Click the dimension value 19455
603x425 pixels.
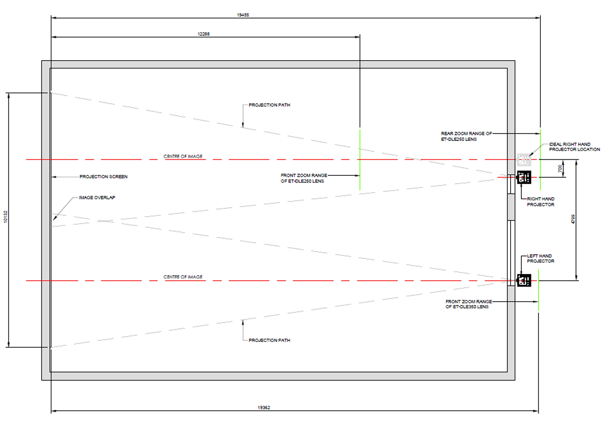[243, 15]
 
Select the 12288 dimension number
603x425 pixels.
[203, 34]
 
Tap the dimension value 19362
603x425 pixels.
[264, 408]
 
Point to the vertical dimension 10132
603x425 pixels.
[5, 217]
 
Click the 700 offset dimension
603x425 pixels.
[560, 169]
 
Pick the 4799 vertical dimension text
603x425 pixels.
[573, 219]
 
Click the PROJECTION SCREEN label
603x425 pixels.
[104, 177]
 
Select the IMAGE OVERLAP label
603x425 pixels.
[97, 198]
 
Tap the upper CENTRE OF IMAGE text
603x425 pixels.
[183, 156]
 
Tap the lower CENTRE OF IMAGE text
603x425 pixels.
[183, 277]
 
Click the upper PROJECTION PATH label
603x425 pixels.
[269, 105]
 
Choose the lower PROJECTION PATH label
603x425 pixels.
[269, 340]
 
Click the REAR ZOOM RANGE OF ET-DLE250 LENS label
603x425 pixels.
[466, 136]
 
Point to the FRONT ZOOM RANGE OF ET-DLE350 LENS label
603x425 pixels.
[469, 305]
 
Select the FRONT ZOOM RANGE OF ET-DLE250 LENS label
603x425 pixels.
[304, 178]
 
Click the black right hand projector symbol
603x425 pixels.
[524, 177]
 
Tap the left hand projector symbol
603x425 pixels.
[524, 280]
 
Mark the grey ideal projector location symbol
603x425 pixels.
[524, 160]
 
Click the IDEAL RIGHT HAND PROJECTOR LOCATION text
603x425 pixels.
[574, 147]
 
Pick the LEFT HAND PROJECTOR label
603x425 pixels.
[541, 258]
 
